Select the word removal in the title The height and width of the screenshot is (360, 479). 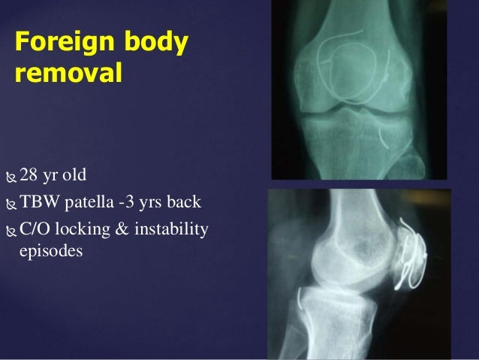point(68,74)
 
